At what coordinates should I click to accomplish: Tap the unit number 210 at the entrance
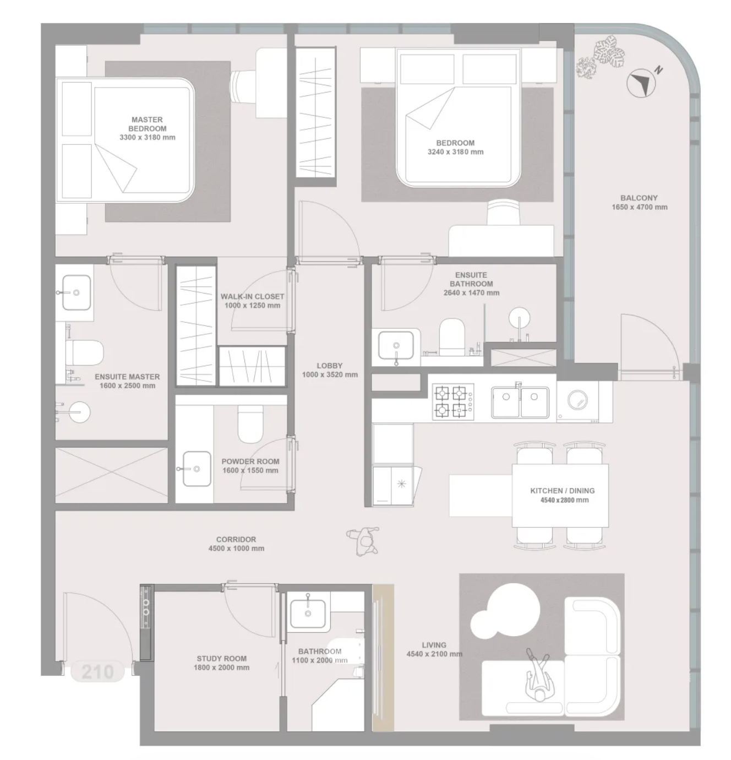[97, 671]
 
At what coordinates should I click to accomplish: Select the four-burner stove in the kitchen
[452, 401]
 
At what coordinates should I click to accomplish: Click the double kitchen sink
[520, 402]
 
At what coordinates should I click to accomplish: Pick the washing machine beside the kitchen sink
[578, 402]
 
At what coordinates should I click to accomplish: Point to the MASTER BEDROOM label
[147, 124]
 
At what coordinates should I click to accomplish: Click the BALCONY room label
[639, 198]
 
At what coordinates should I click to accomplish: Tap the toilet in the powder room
[250, 424]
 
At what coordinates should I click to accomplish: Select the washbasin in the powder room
[197, 469]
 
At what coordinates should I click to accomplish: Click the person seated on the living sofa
[539, 675]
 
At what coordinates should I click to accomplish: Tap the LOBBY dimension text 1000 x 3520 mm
[330, 374]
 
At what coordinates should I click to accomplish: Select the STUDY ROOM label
[222, 659]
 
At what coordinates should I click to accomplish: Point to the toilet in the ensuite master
[84, 352]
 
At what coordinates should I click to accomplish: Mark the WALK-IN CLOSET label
[252, 296]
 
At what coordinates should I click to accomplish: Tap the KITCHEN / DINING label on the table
[563, 491]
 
